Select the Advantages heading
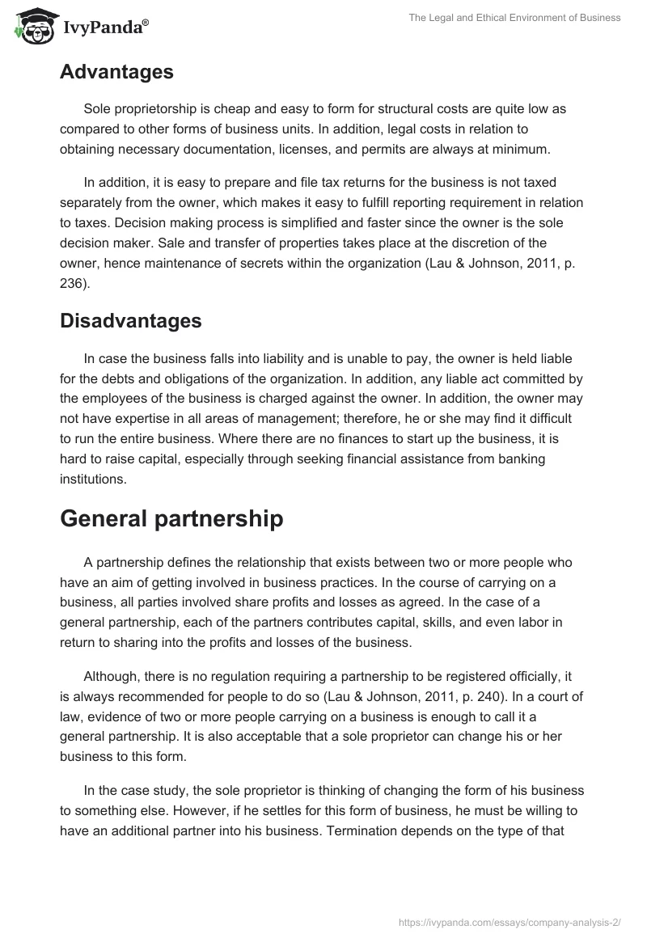point(116,72)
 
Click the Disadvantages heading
point(130,320)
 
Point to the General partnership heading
point(171,518)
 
